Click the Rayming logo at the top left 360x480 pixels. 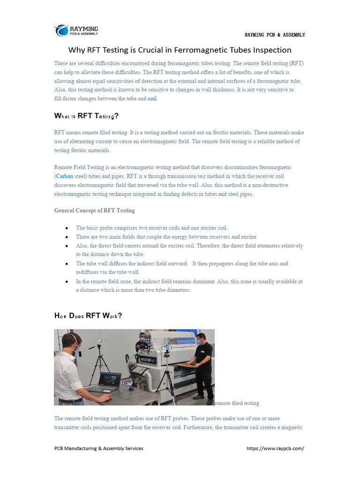click(76, 30)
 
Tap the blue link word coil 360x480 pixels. click(152, 98)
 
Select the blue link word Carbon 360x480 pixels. click(64, 176)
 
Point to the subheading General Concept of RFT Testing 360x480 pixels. click(94, 210)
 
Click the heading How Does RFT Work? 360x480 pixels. click(88, 316)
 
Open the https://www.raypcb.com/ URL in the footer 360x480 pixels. click(275, 448)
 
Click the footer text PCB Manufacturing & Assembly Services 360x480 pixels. click(98, 448)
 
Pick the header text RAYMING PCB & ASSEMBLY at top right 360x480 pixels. click(275, 35)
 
